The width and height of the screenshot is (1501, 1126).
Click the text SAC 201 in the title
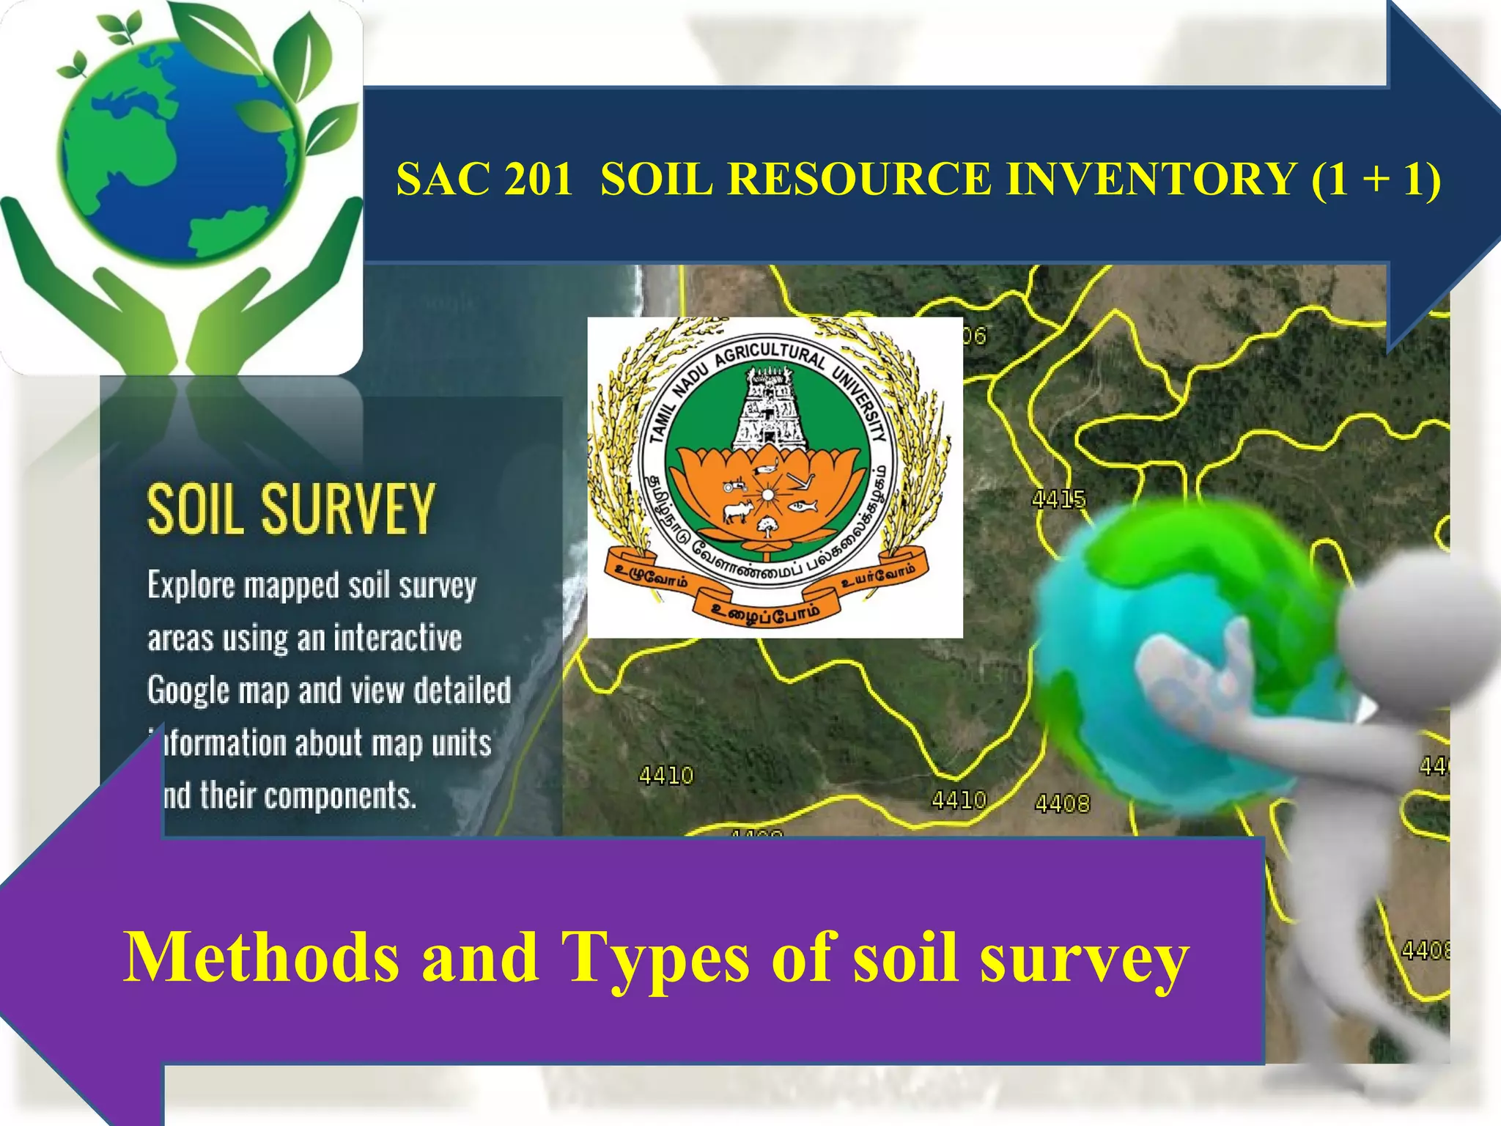coord(484,179)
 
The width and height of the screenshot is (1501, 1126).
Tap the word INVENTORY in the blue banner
coord(1151,179)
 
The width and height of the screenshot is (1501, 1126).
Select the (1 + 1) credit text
coord(1376,179)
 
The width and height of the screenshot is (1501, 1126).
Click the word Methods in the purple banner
coord(261,957)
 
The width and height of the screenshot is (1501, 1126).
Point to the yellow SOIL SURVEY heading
coord(291,509)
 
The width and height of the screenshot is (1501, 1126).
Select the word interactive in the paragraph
coord(397,638)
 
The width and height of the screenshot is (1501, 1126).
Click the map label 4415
coord(1058,500)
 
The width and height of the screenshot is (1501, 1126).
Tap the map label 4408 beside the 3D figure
coord(1062,804)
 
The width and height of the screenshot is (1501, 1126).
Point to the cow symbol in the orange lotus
coord(738,511)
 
